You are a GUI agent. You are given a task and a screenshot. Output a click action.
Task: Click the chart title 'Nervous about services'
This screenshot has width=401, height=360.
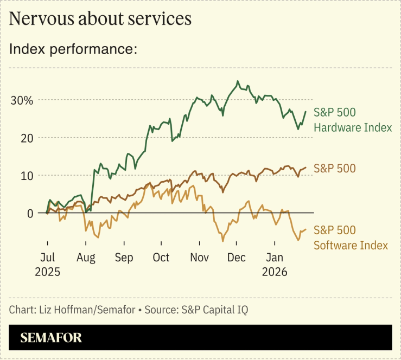point(100,18)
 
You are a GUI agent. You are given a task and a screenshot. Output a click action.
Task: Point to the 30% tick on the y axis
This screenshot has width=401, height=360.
point(22,100)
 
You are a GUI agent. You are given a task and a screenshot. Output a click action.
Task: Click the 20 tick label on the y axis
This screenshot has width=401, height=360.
point(27,138)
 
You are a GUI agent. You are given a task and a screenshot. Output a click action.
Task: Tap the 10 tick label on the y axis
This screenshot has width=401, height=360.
point(27,176)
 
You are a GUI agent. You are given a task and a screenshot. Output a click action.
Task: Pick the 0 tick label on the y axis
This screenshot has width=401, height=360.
point(30,213)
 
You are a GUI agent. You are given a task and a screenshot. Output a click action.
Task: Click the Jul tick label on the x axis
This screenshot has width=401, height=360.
point(47,257)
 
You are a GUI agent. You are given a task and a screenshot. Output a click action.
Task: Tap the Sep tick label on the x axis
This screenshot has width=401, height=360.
point(124,257)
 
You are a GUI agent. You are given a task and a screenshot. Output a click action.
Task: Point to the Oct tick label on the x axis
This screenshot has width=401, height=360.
point(161,257)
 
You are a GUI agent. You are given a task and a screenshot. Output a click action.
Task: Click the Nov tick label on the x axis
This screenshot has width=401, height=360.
point(199,257)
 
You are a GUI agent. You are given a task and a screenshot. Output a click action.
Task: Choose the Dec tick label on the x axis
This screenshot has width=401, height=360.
point(237,257)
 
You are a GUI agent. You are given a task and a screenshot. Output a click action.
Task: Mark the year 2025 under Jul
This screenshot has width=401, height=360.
point(47,271)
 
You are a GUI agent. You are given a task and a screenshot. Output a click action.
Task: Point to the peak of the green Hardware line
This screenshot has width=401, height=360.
point(237,81)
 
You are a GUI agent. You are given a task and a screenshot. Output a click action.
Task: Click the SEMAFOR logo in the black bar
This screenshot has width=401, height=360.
point(51,338)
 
